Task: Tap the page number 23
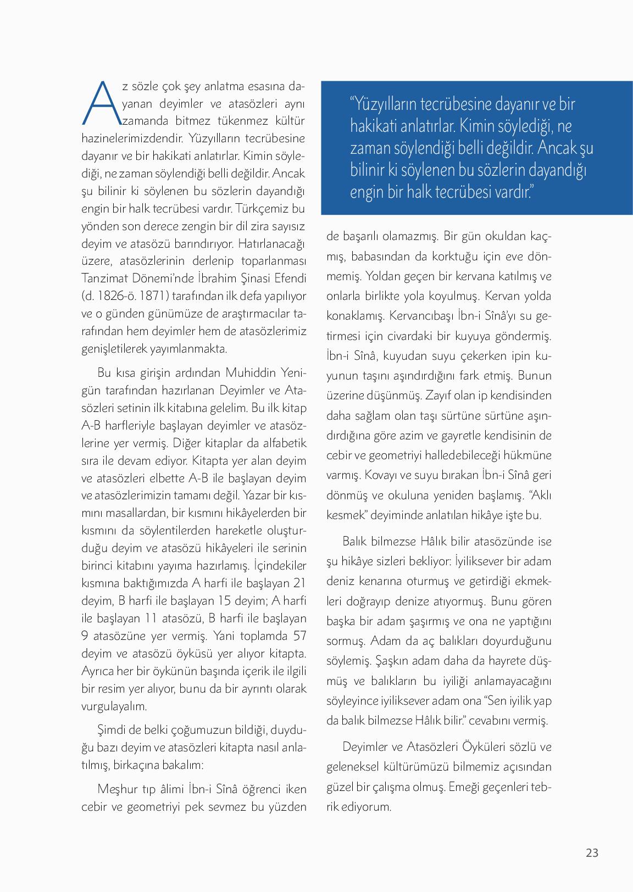pyautogui.click(x=592, y=852)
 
